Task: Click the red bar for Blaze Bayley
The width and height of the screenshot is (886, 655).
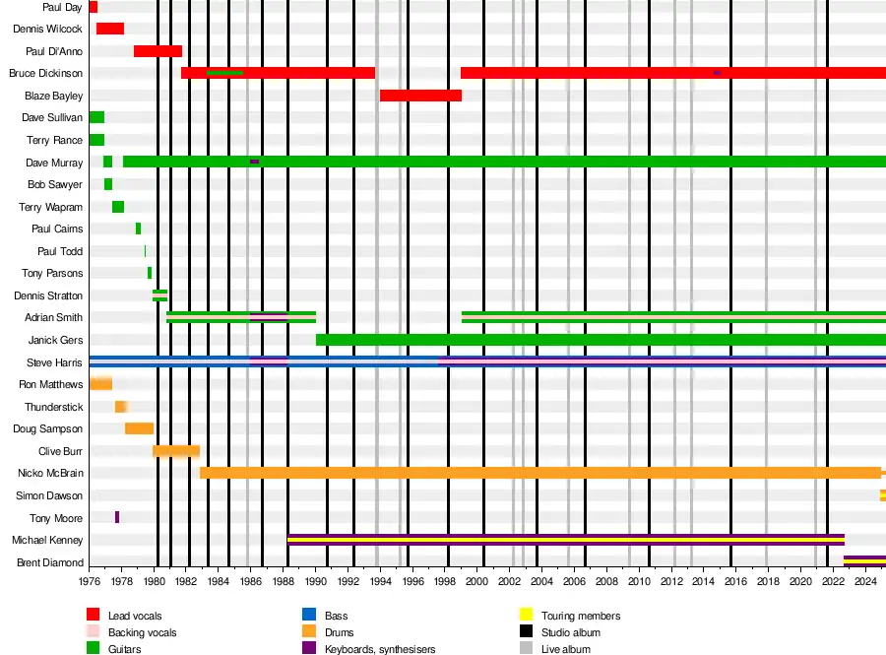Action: (420, 96)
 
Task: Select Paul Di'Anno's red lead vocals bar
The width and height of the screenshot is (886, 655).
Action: (158, 51)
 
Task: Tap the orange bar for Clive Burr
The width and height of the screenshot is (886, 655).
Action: (176, 451)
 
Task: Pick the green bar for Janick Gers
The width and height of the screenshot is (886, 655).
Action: (601, 340)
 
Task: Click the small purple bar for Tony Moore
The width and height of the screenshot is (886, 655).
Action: (117, 518)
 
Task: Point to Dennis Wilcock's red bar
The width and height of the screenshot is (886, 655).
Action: (110, 29)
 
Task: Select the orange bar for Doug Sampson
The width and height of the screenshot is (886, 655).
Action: (139, 428)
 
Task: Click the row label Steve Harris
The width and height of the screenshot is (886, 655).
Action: (55, 362)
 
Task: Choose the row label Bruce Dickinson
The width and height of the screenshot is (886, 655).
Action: (45, 74)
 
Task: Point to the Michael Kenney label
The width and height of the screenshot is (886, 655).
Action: (47, 541)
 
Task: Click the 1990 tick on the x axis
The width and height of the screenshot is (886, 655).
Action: (315, 582)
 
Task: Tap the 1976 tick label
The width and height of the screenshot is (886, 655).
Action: (90, 582)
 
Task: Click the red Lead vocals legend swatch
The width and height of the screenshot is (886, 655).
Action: (94, 616)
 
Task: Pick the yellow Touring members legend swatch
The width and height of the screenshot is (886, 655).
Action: (526, 616)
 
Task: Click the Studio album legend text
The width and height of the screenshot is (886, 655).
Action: (571, 632)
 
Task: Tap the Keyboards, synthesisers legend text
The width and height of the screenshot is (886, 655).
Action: (382, 649)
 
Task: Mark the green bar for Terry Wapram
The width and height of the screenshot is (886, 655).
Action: (118, 207)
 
